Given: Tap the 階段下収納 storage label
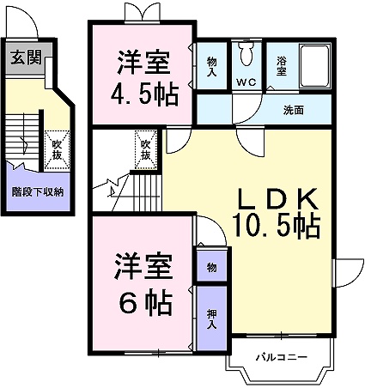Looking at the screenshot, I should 37,192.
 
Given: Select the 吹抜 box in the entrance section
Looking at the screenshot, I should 56,149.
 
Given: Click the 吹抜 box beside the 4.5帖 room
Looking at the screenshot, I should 146,149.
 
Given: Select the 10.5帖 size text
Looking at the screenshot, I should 277,227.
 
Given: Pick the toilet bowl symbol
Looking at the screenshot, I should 247,57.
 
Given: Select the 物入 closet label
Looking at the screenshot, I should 212,66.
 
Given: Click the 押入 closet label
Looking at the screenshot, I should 212,318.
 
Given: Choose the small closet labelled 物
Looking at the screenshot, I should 212,268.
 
